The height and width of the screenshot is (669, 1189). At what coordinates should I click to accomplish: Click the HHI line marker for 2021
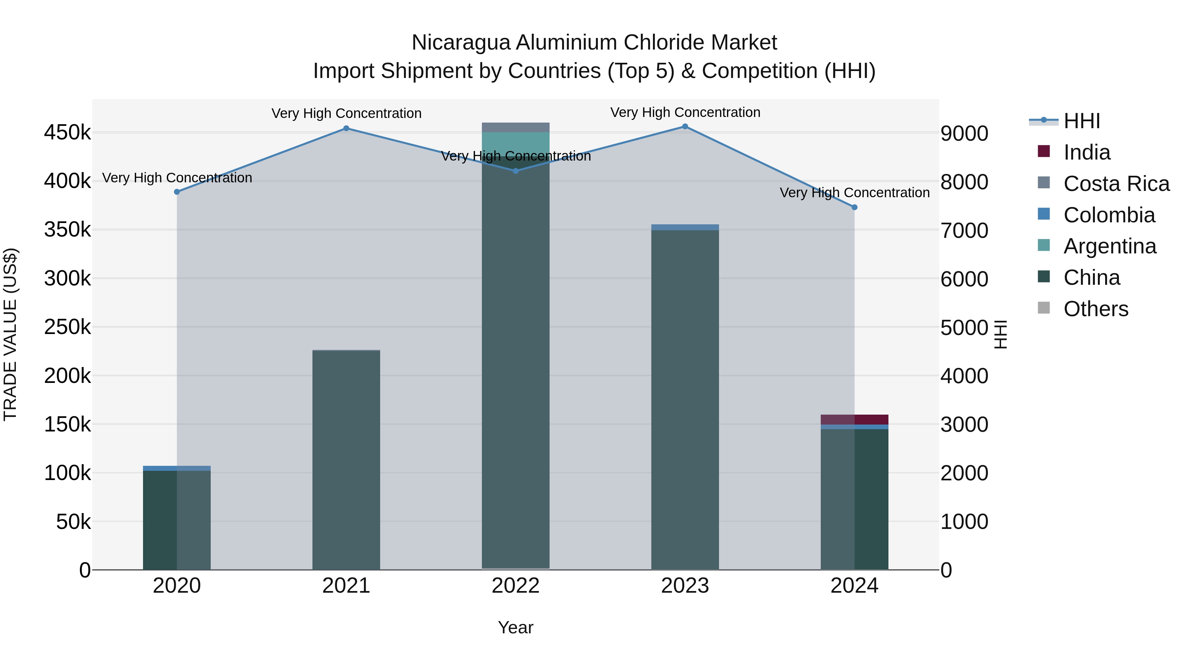(346, 129)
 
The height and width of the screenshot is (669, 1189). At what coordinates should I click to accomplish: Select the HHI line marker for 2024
(854, 207)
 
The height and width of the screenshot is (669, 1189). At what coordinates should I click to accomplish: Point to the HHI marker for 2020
(177, 192)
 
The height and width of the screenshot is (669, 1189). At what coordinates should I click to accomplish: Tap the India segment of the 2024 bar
(854, 419)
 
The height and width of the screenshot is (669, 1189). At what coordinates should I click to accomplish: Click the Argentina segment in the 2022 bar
(516, 143)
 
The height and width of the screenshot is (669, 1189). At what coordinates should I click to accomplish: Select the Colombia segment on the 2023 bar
(685, 227)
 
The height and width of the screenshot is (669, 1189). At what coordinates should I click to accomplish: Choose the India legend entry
(1087, 152)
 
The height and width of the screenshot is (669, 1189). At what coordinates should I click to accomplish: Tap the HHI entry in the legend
(1081, 121)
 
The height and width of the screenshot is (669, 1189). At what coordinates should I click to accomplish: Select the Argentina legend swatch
(1044, 245)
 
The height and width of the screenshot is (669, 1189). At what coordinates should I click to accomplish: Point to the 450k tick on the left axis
(67, 133)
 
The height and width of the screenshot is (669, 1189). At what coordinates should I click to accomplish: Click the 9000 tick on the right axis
(964, 133)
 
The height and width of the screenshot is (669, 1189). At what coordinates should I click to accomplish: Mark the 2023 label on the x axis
(685, 586)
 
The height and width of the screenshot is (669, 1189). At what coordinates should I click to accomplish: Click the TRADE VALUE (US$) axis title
(10, 334)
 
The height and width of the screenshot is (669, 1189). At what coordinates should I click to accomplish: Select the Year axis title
(516, 627)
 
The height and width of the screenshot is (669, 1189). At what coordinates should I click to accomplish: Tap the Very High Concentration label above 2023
(685, 112)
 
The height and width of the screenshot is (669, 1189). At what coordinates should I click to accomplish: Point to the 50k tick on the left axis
(73, 522)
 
